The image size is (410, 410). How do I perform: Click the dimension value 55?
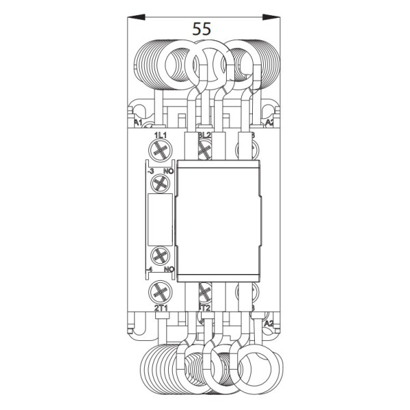pyautogui.click(x=202, y=29)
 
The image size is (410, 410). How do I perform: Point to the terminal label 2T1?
pyautogui.click(x=161, y=309)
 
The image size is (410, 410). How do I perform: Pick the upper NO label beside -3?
pyautogui.click(x=167, y=171)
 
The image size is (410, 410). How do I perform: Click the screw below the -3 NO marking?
pyautogui.click(x=161, y=183)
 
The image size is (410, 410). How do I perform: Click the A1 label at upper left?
pyautogui.click(x=137, y=123)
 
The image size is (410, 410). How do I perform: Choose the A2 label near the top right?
pyautogui.click(x=269, y=123)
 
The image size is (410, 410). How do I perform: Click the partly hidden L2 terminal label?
pyautogui.click(x=204, y=136)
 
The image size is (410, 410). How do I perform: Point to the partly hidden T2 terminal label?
pyautogui.click(x=205, y=309)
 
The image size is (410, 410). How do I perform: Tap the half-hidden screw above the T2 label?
pyautogui.click(x=203, y=294)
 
